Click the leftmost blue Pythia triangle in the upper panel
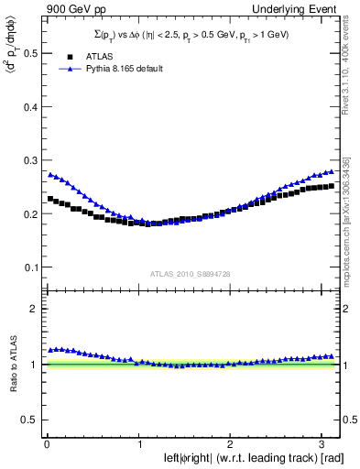click(50, 173)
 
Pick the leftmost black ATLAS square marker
click(50, 198)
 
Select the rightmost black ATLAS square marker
click(331, 186)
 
